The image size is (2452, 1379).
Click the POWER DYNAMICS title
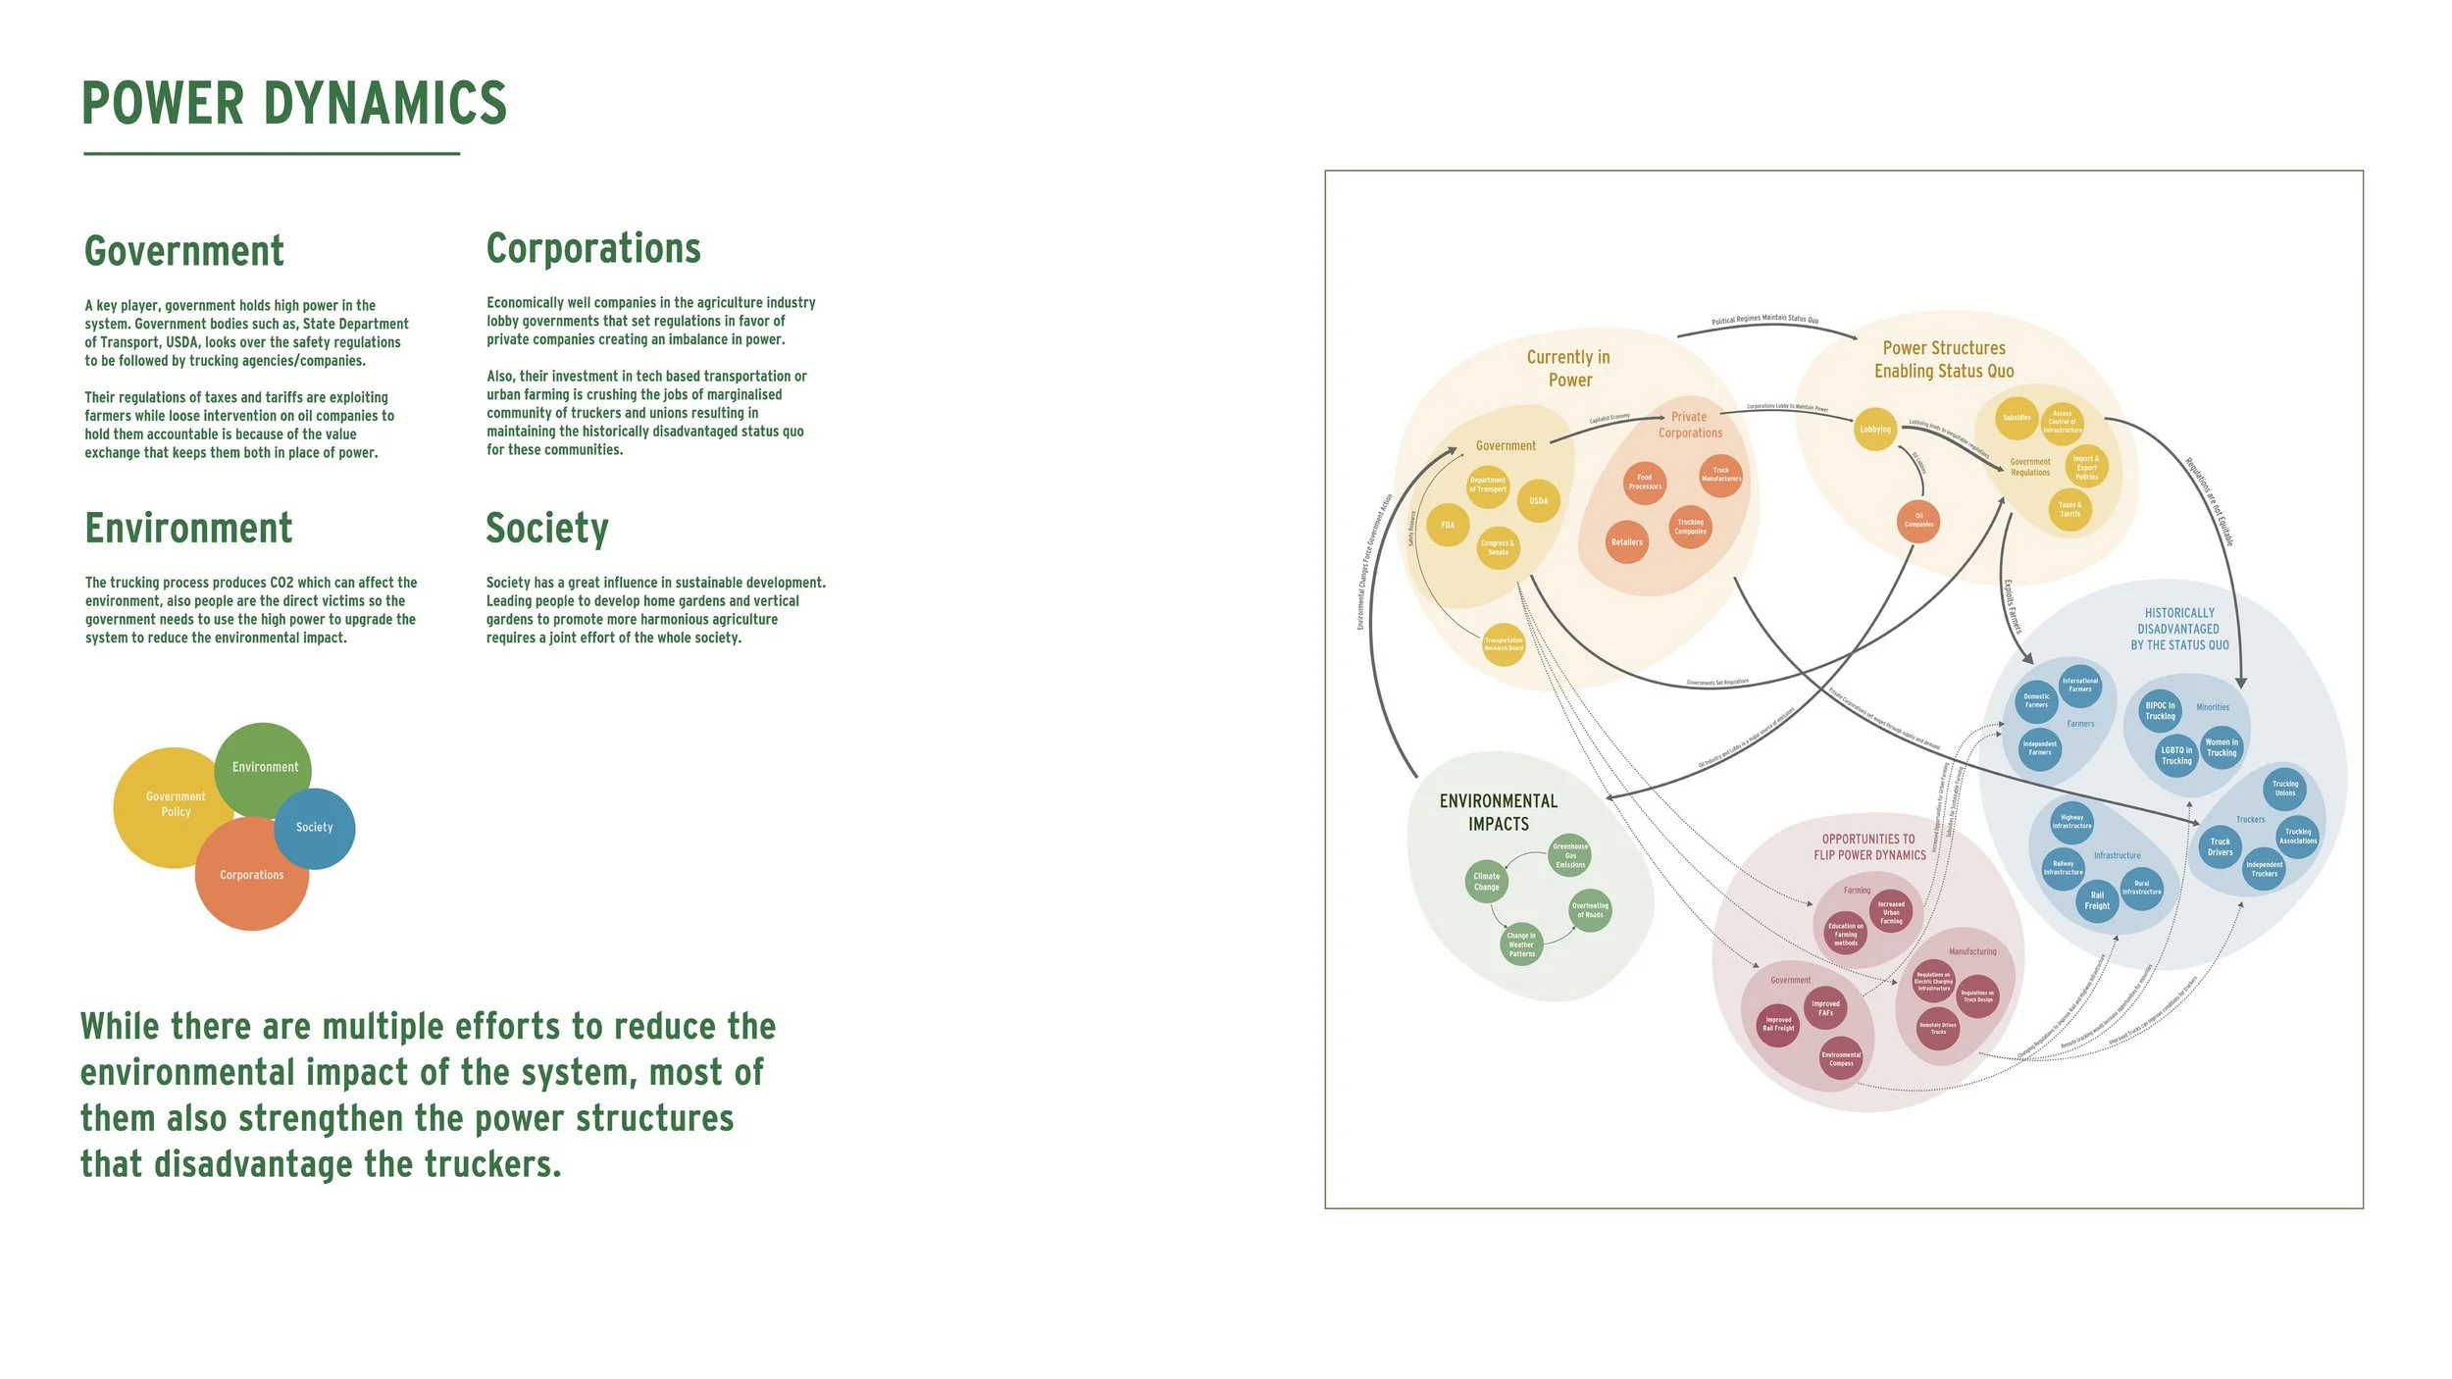[294, 104]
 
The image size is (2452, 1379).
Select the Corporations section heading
[593, 249]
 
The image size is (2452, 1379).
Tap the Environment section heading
[188, 529]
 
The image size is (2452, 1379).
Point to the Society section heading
[547, 529]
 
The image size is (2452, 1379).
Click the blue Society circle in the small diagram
[316, 829]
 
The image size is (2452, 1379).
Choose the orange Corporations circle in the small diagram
[252, 876]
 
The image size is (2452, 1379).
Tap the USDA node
[1539, 501]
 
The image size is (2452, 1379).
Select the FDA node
[1448, 526]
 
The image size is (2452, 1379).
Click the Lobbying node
[1875, 430]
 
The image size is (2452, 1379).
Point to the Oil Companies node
[1918, 521]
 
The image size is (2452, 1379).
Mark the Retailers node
[1627, 542]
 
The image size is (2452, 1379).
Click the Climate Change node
[1487, 882]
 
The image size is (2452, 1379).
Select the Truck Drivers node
[2221, 847]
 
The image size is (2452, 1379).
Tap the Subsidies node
[2017, 418]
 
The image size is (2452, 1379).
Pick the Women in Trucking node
[2222, 747]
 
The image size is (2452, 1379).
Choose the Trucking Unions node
[2285, 789]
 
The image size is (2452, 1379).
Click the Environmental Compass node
[1842, 1059]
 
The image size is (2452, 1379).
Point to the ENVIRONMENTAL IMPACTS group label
[1499, 813]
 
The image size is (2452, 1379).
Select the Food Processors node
[1645, 483]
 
